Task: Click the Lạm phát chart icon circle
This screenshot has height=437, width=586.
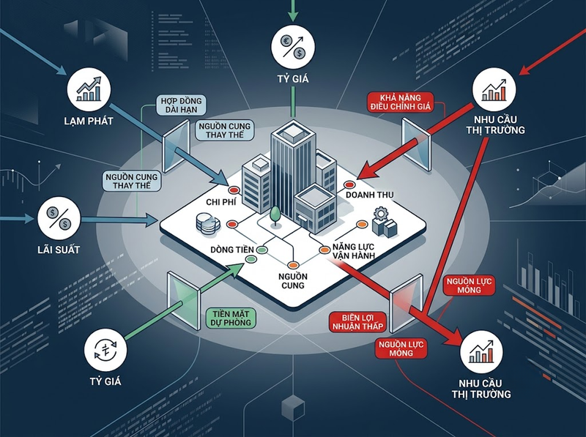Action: click(89, 89)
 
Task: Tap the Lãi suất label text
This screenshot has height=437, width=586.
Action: click(59, 250)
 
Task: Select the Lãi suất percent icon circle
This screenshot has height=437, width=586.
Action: click(59, 218)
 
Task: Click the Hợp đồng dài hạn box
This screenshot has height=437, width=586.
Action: click(181, 105)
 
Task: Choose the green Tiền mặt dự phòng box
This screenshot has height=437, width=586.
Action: click(231, 318)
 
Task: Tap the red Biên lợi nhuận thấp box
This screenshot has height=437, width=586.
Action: click(358, 322)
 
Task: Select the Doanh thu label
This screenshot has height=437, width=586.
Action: click(370, 195)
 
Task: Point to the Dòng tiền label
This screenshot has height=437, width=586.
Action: click(232, 250)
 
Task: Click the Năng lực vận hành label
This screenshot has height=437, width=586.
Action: click(353, 251)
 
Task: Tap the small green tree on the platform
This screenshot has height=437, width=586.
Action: click(275, 216)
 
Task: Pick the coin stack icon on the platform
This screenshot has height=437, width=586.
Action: click(208, 224)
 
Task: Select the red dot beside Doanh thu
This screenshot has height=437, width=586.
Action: click(349, 184)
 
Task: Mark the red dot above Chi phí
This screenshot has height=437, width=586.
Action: click(234, 190)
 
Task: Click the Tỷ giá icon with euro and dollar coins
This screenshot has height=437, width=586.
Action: click(293, 47)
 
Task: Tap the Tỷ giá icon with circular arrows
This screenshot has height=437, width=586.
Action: click(105, 350)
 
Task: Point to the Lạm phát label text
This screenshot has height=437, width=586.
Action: click(89, 121)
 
